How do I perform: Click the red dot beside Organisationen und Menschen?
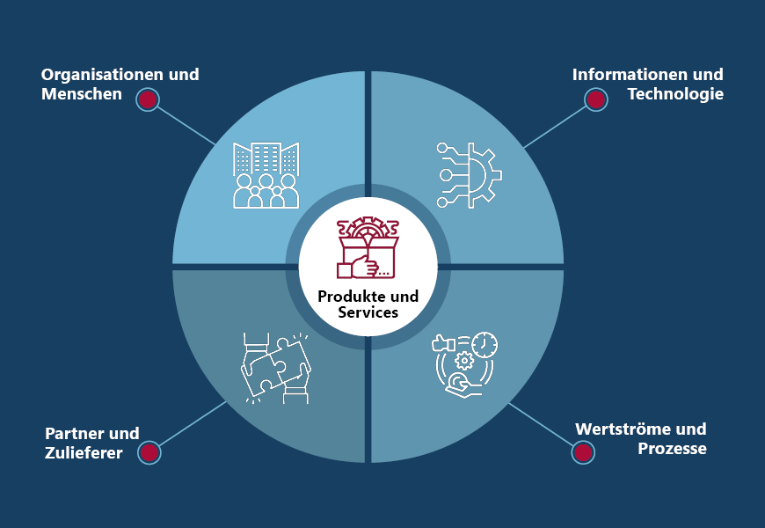(x=148, y=99)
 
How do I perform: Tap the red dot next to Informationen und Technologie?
(x=596, y=99)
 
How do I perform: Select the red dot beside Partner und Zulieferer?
(x=149, y=452)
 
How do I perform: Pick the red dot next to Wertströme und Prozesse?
(x=581, y=452)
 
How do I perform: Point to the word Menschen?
(x=81, y=94)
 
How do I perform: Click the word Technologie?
(x=675, y=94)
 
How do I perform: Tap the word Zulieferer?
(x=84, y=453)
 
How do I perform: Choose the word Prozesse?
(x=673, y=449)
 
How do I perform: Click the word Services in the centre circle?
(x=368, y=312)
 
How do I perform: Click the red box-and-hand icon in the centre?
(x=369, y=249)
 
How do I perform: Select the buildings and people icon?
(x=265, y=174)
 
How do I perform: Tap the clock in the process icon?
(x=484, y=344)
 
